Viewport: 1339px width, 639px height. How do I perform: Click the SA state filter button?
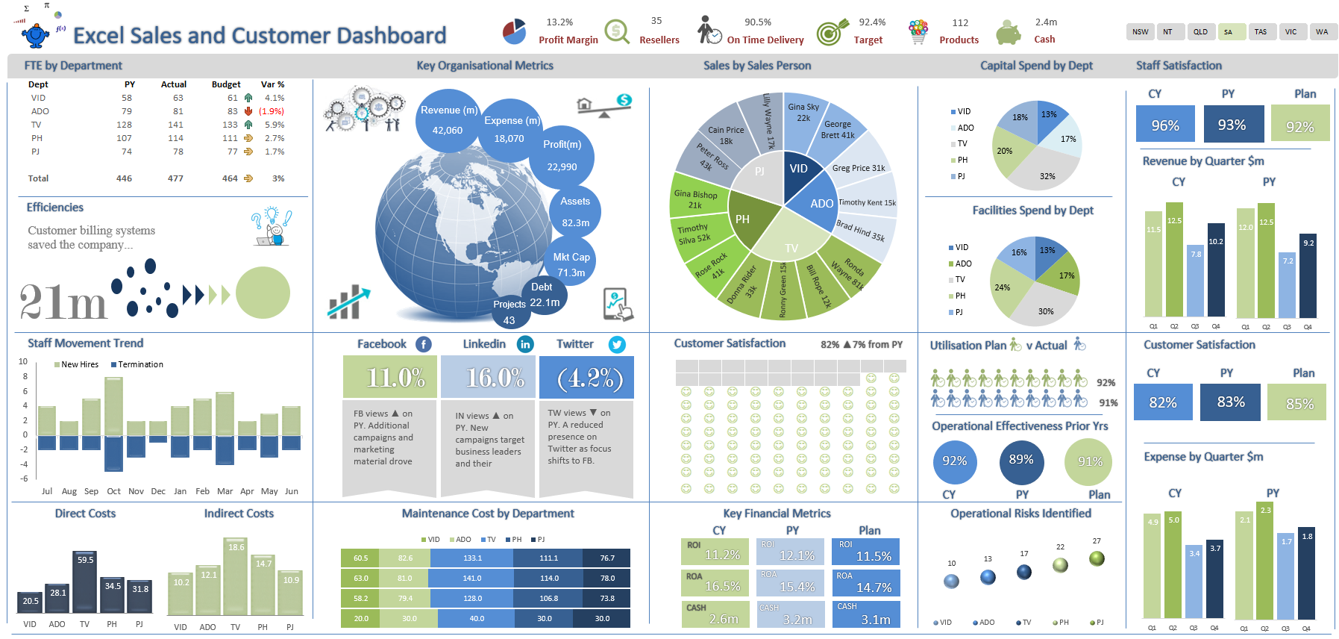click(x=1229, y=31)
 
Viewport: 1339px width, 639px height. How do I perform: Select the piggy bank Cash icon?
click(x=1008, y=32)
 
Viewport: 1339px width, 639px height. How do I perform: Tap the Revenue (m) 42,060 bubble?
click(x=448, y=120)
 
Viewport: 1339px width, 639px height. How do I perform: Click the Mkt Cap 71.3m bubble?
click(x=571, y=264)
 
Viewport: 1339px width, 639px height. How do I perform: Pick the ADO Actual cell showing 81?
click(x=178, y=111)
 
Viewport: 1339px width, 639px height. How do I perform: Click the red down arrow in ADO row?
click(x=248, y=111)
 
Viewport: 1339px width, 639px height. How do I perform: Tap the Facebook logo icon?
click(x=423, y=344)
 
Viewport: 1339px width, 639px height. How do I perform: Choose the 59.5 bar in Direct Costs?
click(x=85, y=582)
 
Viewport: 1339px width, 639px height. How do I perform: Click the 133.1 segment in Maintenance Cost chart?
click(x=473, y=558)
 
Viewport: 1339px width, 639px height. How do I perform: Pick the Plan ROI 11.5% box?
click(x=865, y=552)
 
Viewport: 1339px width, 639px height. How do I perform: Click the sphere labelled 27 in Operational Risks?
click(x=1097, y=558)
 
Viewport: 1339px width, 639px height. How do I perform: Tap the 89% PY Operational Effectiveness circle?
click(x=1021, y=461)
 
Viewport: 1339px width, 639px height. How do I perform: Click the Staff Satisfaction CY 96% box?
click(x=1164, y=124)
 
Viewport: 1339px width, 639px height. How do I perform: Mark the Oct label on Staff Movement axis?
click(x=113, y=491)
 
